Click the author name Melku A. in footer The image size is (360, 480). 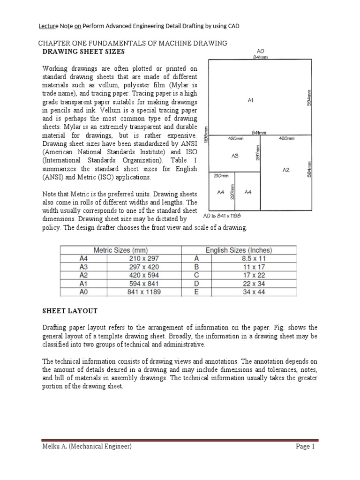(56, 447)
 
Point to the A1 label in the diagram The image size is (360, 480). (250, 100)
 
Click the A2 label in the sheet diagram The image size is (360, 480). (286, 170)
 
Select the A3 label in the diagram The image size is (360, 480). (235, 157)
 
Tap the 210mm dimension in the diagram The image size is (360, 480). (221, 176)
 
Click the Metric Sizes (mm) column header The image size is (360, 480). (121, 250)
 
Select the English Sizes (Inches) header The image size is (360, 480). (239, 250)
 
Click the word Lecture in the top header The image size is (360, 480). (49, 26)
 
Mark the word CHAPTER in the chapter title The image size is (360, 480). (53, 43)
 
